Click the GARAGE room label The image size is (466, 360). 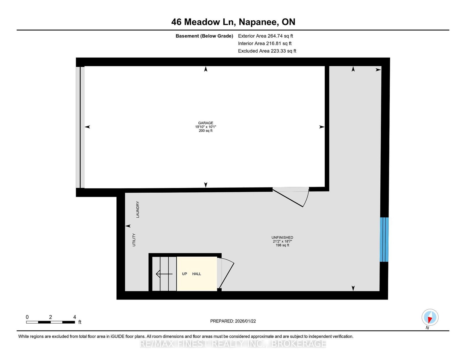(x=205, y=123)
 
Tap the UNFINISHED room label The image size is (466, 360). (x=282, y=237)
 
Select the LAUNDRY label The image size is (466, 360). (x=138, y=209)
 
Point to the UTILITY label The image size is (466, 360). (x=134, y=240)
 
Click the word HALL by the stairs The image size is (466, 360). (x=196, y=274)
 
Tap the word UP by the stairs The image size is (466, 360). (x=184, y=274)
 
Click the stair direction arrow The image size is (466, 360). (x=164, y=274)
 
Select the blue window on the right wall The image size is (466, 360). (x=384, y=240)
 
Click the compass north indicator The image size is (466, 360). (x=430, y=317)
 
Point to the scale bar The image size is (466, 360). (x=51, y=322)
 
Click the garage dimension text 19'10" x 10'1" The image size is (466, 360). (x=205, y=127)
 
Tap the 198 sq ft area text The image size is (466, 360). (x=282, y=245)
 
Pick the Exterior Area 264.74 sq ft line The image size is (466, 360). (x=266, y=36)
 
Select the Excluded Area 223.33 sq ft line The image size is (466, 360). (x=267, y=51)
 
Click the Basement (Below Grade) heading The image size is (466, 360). (x=204, y=36)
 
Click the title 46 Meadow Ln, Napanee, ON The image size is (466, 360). (x=233, y=22)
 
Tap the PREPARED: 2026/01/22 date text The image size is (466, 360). (x=233, y=321)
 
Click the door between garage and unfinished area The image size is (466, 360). (x=291, y=197)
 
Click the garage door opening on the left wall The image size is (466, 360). (x=80, y=127)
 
